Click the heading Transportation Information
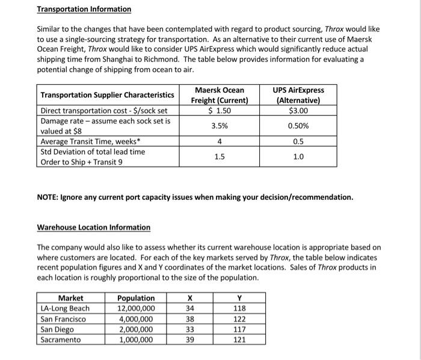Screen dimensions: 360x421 (84, 9)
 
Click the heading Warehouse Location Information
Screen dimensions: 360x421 (94, 227)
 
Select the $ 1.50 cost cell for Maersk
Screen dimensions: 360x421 (220, 111)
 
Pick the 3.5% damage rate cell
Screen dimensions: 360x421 (220, 126)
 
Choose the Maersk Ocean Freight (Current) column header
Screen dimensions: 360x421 (220, 95)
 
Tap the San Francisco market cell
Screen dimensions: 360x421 (63, 319)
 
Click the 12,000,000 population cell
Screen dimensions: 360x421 (135, 308)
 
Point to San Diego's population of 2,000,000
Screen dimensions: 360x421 (135, 329)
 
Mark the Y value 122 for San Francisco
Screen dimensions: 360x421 (239, 319)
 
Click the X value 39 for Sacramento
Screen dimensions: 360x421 (190, 340)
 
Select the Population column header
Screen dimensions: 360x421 (135, 298)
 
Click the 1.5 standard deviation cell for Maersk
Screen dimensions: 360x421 (220, 157)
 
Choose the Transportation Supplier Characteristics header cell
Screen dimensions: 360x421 (107, 95)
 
